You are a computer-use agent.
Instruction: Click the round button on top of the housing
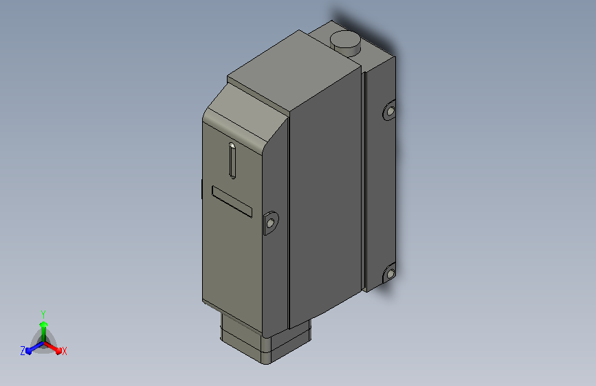[345, 42]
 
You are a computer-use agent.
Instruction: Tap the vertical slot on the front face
[232, 161]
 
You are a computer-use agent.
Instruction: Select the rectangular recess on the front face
[232, 201]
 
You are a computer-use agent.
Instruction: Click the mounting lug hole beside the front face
[270, 223]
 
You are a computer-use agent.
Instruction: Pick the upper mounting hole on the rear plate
[390, 111]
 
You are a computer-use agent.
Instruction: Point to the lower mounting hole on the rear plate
[390, 274]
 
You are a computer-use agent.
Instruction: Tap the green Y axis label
[43, 315]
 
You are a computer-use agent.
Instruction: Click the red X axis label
[64, 352]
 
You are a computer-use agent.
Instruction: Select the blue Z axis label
[23, 351]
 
